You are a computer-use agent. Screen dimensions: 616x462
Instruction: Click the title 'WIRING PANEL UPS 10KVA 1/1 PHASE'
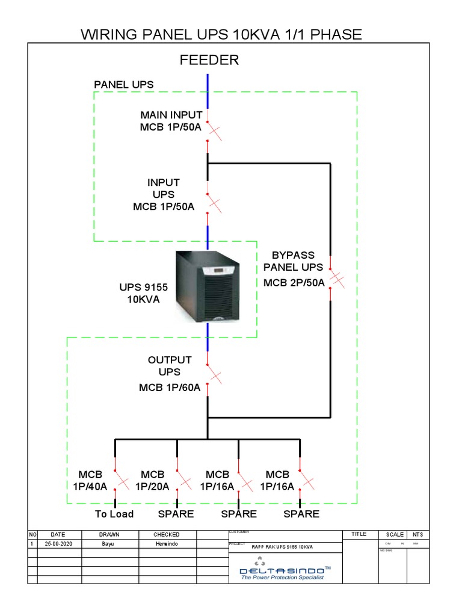click(x=221, y=34)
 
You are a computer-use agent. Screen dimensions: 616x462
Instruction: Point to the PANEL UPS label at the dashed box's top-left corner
click(x=123, y=85)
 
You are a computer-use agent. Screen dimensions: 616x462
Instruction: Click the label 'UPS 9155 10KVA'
click(x=143, y=294)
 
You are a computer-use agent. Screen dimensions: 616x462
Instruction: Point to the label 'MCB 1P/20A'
click(x=152, y=481)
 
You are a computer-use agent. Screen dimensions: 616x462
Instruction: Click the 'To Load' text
click(x=114, y=514)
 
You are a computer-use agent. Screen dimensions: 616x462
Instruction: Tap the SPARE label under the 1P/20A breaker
click(x=176, y=514)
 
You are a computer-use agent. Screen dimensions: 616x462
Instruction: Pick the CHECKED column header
click(x=166, y=534)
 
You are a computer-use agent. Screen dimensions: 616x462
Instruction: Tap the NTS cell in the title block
click(x=417, y=534)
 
